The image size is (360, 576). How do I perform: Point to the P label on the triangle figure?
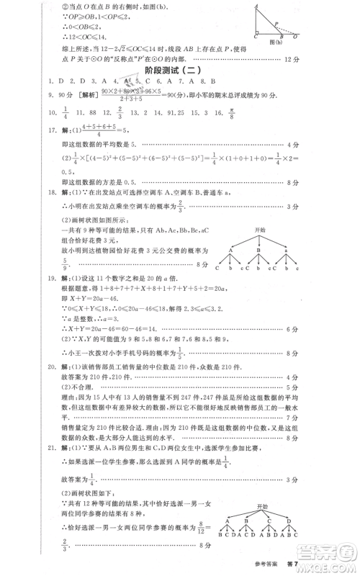point(278,22)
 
